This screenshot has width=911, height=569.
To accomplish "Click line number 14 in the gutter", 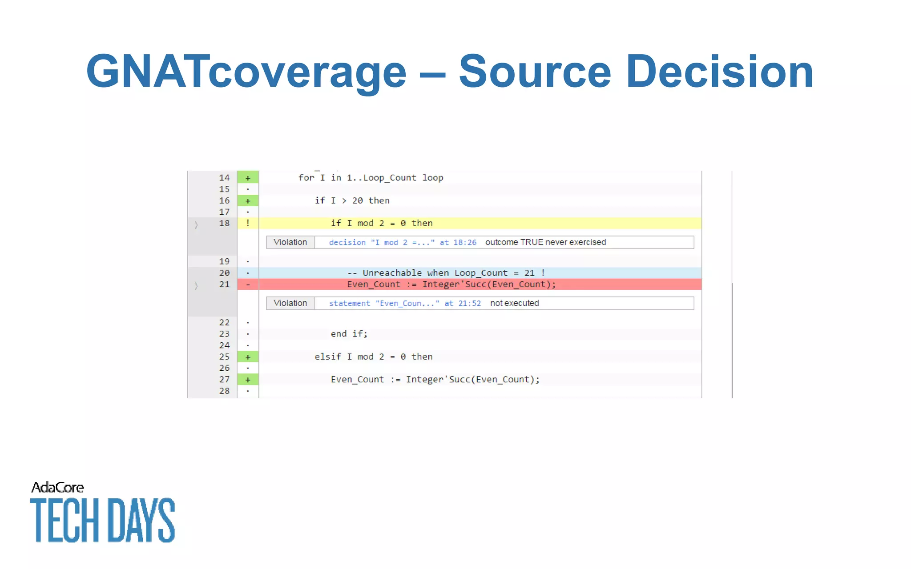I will [x=224, y=178].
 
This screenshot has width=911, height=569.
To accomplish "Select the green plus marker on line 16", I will [x=248, y=201].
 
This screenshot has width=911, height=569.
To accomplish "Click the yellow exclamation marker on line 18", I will [x=248, y=223].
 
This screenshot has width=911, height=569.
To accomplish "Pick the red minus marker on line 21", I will [x=248, y=284].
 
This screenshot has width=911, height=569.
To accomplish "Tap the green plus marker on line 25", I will [x=248, y=357].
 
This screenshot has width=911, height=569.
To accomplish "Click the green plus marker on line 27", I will [x=248, y=380].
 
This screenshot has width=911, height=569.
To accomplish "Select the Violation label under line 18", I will [x=290, y=242].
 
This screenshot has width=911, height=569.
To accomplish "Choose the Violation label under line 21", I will [x=290, y=303].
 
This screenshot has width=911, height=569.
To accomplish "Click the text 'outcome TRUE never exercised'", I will [x=545, y=242].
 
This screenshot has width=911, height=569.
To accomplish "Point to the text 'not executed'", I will [x=514, y=303].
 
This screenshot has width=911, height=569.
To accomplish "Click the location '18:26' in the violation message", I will [x=465, y=243].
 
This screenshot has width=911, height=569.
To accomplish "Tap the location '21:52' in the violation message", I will [x=470, y=304].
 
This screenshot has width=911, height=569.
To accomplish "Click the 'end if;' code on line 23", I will [x=349, y=334].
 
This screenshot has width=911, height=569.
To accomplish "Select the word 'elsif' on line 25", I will [x=328, y=357].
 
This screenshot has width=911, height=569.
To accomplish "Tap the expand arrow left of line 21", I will [x=196, y=286].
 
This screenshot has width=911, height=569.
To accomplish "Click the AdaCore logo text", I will [x=57, y=488].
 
